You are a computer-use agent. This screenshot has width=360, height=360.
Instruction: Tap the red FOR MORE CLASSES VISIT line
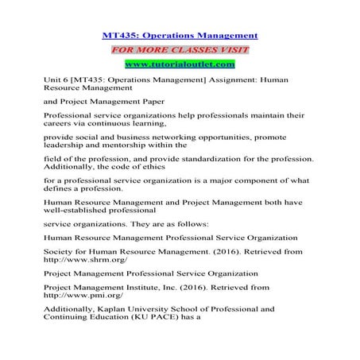[x=180, y=48]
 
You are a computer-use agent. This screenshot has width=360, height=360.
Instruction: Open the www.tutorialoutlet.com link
[x=180, y=64]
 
